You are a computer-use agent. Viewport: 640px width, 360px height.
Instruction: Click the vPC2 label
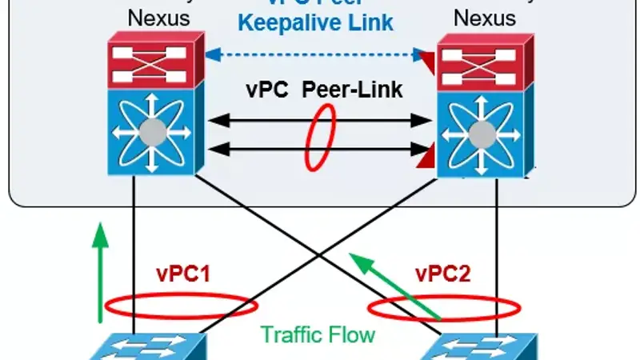click(442, 276)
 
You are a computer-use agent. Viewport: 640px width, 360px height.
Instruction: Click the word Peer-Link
click(352, 89)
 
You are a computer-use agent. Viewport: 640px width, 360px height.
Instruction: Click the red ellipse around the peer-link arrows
click(319, 135)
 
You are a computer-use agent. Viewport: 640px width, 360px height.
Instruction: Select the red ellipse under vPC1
click(181, 306)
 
